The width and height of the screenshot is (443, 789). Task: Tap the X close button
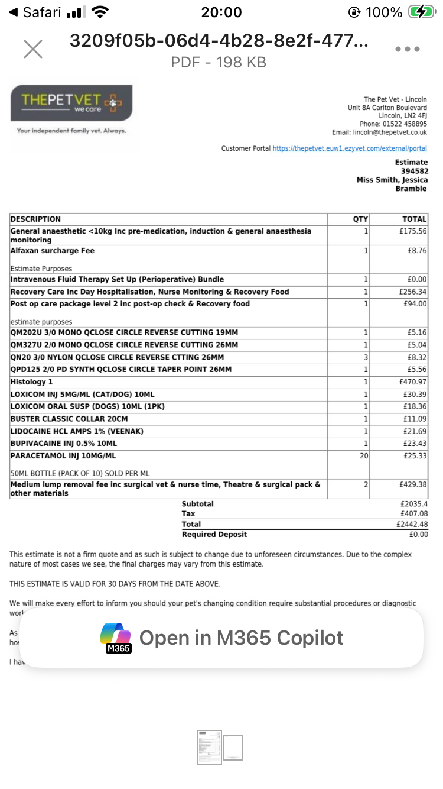[x=33, y=49]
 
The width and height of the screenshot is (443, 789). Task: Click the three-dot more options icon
[x=408, y=49]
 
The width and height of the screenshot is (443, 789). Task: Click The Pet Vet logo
[x=71, y=103]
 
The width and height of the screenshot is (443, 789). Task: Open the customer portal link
[x=350, y=148]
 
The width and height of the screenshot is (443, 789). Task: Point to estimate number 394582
[x=413, y=171]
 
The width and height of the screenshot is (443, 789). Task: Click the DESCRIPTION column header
[x=35, y=219]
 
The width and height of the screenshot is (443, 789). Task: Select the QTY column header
[x=360, y=219]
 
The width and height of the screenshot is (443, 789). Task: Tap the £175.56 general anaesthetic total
[x=413, y=231]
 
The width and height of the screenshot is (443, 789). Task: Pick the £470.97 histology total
[x=413, y=382]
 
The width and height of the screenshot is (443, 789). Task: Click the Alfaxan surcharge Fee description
[x=53, y=251]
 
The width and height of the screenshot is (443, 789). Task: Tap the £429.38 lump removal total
[x=413, y=484]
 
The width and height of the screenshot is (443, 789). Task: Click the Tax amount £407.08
[x=413, y=514]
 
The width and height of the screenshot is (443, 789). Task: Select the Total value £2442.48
[x=412, y=524]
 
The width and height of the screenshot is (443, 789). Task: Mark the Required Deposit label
[x=214, y=534]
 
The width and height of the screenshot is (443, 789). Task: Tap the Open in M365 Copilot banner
[x=221, y=638]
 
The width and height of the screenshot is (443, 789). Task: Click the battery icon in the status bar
[x=421, y=12]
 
